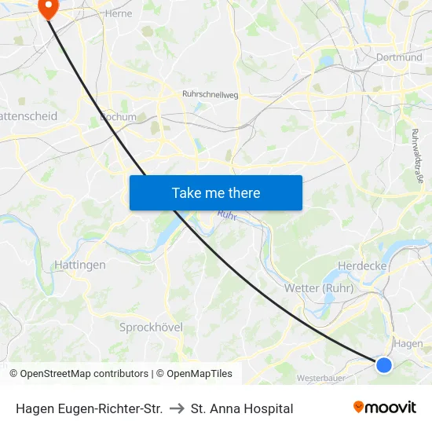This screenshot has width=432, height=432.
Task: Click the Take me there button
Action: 216,192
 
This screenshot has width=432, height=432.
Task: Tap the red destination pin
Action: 49,8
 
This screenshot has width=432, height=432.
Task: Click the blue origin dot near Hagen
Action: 384,364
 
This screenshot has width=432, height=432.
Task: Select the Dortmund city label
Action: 399,57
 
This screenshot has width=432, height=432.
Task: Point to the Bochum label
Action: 118,117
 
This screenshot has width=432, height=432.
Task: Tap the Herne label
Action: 119,13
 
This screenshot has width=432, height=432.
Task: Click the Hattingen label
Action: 80,265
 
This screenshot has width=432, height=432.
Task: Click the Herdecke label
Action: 361,266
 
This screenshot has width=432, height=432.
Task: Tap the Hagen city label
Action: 408,343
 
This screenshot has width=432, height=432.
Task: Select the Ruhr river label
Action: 228,214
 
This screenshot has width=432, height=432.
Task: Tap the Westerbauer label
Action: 322,378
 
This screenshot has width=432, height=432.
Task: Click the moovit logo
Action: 384,408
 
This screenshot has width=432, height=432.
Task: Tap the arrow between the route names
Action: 177,408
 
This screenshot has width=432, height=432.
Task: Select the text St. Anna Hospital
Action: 242,408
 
